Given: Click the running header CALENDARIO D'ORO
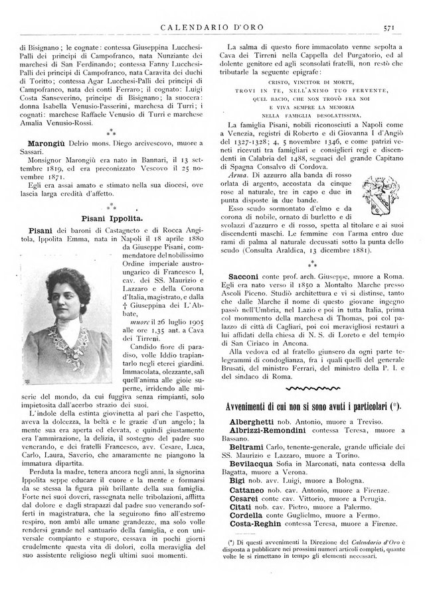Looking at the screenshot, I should tap(214, 27).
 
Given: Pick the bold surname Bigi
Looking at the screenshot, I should tap(238, 485).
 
